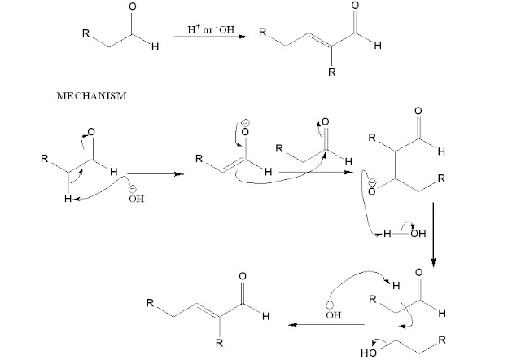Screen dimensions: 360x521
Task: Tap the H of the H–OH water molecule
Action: [387, 234]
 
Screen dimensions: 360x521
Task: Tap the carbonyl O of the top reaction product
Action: [353, 7]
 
